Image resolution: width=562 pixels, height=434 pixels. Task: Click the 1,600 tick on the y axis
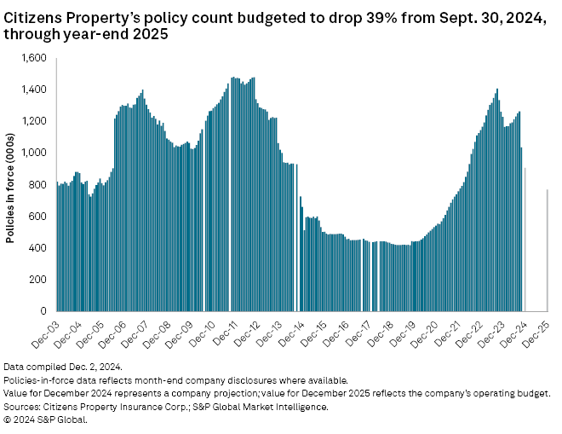[35, 58]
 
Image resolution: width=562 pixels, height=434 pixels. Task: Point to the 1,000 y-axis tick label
[35, 153]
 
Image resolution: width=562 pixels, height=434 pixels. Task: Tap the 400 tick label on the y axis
[39, 248]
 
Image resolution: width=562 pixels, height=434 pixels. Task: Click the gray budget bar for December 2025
[547, 251]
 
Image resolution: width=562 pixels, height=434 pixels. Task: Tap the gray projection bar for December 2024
[525, 240]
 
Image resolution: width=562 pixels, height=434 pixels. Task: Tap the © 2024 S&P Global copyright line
[46, 418]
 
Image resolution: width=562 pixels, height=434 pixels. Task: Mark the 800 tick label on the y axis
[39, 184]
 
